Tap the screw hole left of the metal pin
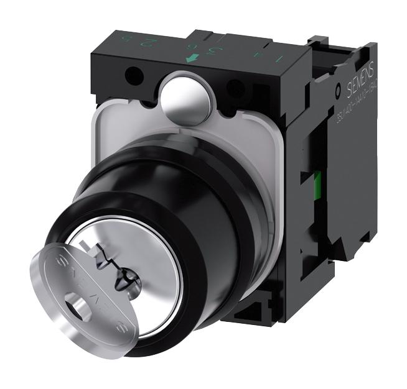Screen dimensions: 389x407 pos(131,78)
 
